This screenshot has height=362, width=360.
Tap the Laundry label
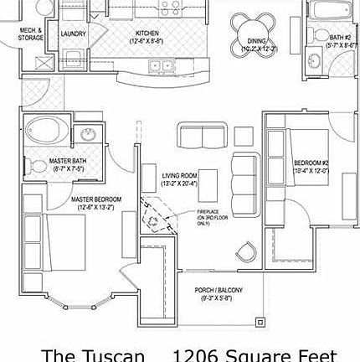point(73,34)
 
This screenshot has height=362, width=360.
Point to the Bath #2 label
point(340,37)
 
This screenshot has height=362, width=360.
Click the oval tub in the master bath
point(47,132)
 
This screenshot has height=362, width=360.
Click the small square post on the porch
point(261,322)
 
